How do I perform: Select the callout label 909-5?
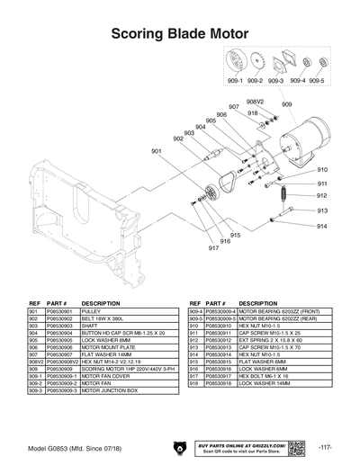click(x=318, y=81)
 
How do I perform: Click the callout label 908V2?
click(x=255, y=102)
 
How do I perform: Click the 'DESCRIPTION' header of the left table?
click(x=101, y=303)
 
